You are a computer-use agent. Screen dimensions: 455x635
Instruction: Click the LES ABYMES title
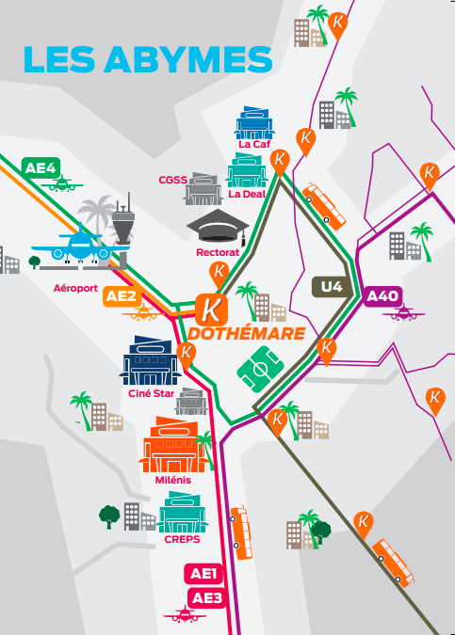(148, 59)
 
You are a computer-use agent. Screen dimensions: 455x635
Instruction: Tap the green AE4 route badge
(41, 167)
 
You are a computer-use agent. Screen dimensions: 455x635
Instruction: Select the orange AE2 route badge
(122, 296)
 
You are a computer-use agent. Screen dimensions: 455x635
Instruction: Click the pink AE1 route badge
(203, 574)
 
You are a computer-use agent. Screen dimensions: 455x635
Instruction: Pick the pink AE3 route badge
(207, 598)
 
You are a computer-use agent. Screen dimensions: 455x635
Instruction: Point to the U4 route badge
(332, 287)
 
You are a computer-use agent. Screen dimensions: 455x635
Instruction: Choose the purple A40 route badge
(382, 296)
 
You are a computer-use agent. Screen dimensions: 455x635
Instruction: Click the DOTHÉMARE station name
(247, 334)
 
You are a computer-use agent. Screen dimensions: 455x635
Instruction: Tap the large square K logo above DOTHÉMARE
(211, 310)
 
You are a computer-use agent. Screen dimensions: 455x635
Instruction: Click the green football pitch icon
(260, 370)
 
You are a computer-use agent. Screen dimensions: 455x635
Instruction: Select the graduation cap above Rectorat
(218, 227)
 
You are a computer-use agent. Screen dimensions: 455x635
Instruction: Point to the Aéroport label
(75, 288)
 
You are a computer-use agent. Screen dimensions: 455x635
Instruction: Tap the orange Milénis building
(173, 445)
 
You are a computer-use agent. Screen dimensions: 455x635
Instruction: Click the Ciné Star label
(152, 393)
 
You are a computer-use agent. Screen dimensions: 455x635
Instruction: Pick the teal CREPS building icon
(182, 513)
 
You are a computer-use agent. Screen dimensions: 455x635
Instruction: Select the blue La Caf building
(253, 122)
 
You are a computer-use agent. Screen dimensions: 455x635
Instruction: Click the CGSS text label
(173, 180)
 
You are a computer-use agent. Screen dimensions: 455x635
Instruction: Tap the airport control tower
(123, 221)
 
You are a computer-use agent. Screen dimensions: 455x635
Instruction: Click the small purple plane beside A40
(404, 313)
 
